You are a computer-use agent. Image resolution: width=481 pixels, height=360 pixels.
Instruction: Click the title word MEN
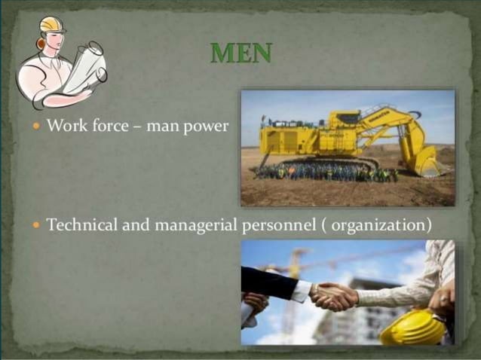(x=240, y=53)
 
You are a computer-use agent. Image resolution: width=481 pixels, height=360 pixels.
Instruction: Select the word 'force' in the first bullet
(x=110, y=126)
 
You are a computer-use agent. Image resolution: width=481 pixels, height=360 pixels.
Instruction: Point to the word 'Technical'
(x=80, y=224)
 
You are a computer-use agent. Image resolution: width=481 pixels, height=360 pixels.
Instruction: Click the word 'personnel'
(x=272, y=225)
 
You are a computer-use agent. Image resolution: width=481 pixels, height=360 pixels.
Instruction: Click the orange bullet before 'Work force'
(x=36, y=127)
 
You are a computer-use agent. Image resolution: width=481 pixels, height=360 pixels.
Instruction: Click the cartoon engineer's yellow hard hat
(x=51, y=25)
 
